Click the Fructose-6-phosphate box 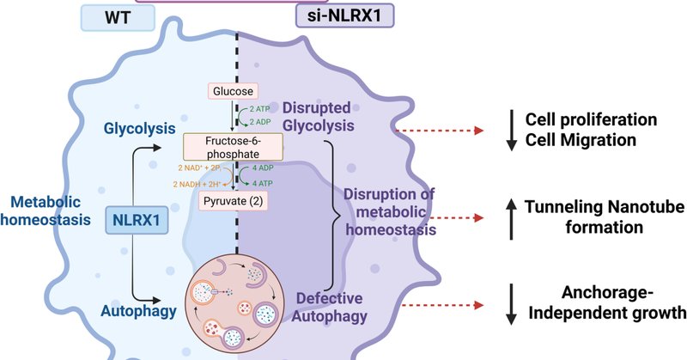point(233,145)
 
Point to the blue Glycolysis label point(137,125)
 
